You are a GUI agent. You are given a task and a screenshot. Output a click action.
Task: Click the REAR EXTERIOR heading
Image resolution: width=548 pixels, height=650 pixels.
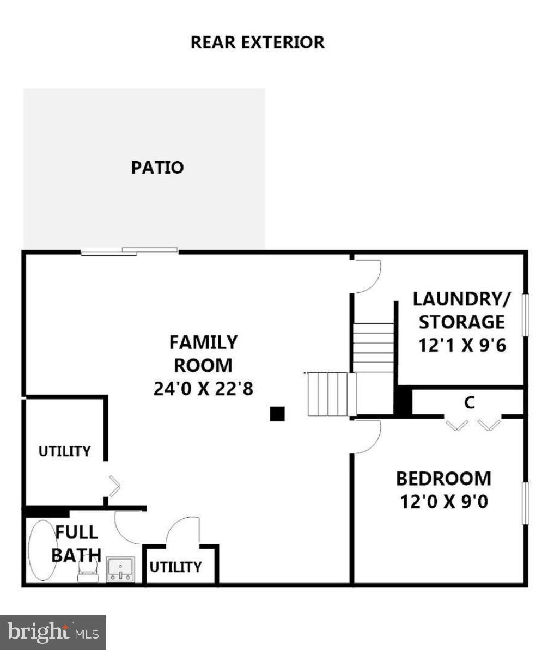click(x=257, y=42)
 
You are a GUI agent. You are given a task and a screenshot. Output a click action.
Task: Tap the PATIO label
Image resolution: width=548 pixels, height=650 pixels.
click(x=157, y=168)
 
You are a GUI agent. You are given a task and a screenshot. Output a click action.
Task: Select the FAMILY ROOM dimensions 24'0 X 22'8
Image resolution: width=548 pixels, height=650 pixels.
click(x=203, y=389)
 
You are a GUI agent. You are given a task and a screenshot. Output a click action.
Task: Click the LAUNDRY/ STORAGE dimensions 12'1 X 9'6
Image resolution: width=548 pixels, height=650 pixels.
click(x=462, y=345)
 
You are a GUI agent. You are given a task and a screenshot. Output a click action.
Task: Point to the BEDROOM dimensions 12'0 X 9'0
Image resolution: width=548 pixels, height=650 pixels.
click(x=444, y=501)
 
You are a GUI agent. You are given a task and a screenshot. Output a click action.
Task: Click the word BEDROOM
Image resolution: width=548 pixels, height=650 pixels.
click(x=443, y=479)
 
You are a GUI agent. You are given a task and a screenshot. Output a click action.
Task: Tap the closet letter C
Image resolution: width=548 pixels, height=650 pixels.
click(x=469, y=403)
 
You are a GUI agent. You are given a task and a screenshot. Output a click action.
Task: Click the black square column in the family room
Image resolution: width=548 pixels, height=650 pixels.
click(x=277, y=414)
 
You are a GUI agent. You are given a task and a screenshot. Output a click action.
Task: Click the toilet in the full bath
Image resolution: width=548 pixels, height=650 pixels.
click(x=88, y=569)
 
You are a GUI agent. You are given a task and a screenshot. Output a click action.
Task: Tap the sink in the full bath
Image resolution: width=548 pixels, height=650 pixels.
click(x=120, y=569)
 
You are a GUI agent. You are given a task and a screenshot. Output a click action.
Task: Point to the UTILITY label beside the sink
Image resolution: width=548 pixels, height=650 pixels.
click(x=175, y=567)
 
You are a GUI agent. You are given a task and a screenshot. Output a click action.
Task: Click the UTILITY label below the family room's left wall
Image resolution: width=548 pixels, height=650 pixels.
click(x=64, y=451)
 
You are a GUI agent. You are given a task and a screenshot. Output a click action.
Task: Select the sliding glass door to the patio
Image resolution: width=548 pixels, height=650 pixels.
click(x=130, y=251)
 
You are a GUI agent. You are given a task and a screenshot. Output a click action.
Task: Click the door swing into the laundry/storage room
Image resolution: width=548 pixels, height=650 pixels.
click(x=367, y=275)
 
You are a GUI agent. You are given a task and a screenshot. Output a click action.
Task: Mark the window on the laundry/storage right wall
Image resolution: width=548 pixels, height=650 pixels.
click(x=526, y=315)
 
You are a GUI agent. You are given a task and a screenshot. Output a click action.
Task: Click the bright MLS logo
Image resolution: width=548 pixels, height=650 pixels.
click(x=53, y=632)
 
